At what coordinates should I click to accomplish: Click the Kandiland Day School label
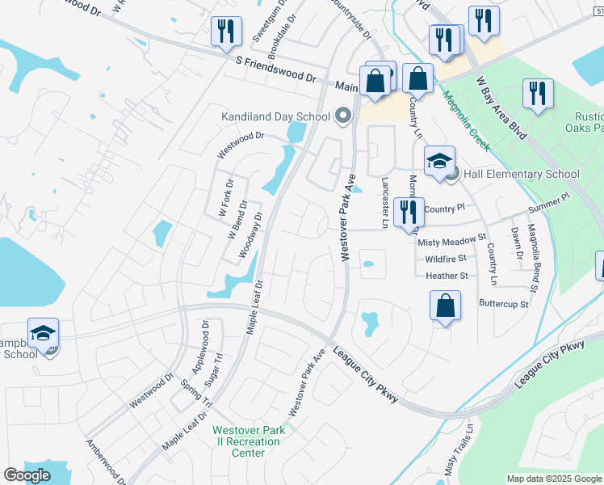[x=276, y=116]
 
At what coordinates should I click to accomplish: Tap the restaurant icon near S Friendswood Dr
[x=225, y=32]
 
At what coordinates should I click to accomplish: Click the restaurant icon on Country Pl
[x=409, y=212]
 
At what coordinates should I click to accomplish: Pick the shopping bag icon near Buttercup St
[x=444, y=307]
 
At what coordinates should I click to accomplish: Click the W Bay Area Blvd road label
[x=500, y=106]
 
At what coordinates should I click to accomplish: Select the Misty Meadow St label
[x=450, y=241]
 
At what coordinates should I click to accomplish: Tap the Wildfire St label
[x=446, y=259]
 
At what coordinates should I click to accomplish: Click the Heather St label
[x=447, y=276]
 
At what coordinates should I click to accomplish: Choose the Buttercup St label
[x=503, y=305]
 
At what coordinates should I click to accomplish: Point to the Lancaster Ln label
[x=384, y=203]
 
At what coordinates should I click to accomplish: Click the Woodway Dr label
[x=251, y=235]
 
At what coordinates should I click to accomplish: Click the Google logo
[x=27, y=475]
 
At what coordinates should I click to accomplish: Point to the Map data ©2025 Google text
[x=553, y=479]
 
